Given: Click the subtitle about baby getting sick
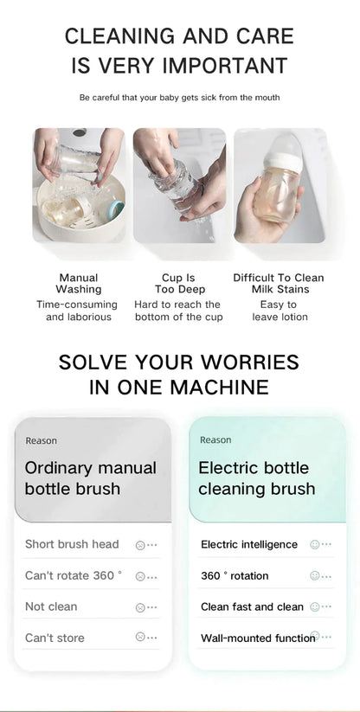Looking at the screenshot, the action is (x=180, y=98).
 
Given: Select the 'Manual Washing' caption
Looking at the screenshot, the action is (x=79, y=284).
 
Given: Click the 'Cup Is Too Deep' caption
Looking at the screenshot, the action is (x=180, y=284).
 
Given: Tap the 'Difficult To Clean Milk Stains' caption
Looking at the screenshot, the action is (x=279, y=284).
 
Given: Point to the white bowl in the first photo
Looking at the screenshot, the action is (x=80, y=208).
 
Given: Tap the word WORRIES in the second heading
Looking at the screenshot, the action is (x=250, y=362).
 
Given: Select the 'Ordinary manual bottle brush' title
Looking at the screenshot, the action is (x=90, y=478).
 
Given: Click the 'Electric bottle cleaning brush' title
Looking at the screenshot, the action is (x=256, y=478).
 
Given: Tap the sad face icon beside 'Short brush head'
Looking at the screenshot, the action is (x=140, y=545).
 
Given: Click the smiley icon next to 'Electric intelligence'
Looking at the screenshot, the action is (x=315, y=544).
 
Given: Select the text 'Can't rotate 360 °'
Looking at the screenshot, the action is (x=74, y=575).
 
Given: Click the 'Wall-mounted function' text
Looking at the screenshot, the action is (x=258, y=638).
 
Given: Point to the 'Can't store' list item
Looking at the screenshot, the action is (x=55, y=638).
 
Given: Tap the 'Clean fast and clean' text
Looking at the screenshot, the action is (x=252, y=607).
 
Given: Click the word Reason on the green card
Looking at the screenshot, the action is (x=215, y=440).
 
